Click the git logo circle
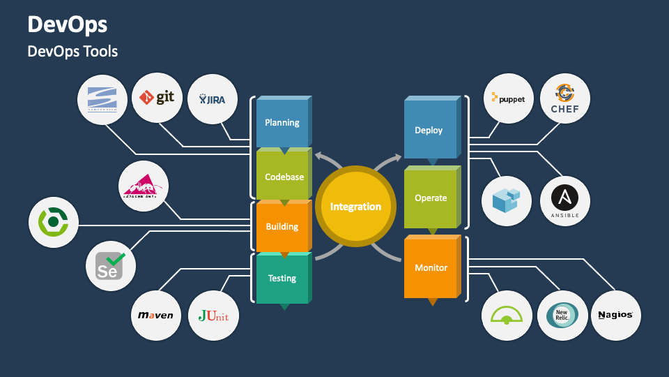point(157,98)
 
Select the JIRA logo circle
point(213,99)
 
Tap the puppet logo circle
point(508,98)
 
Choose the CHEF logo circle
point(564,98)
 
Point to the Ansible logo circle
point(564,201)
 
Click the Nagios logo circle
point(615,315)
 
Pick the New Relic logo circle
point(562,315)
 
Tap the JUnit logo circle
point(213,315)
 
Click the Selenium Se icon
point(110,266)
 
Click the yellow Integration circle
point(355,207)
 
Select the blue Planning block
point(282,123)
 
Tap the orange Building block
point(282,226)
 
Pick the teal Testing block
point(282,278)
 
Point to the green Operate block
point(431,198)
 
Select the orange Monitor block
point(431,267)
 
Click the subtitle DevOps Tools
point(72,52)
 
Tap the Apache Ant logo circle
point(144,187)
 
